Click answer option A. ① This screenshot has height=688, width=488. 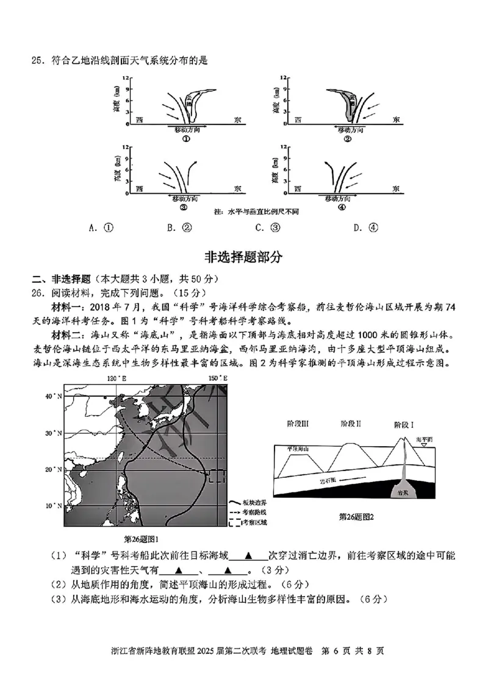tap(101, 229)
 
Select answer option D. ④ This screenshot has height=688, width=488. tap(366, 229)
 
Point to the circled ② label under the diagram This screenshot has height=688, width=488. tap(348, 139)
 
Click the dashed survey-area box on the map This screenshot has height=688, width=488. tap(217, 477)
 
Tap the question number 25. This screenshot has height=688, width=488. tap(38, 60)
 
